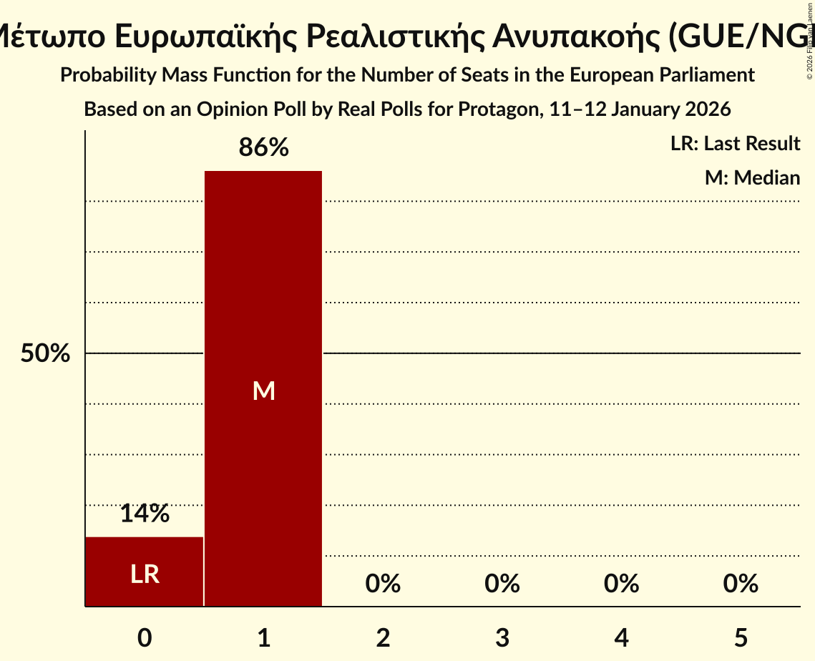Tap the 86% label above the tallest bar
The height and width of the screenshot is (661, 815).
tap(263, 148)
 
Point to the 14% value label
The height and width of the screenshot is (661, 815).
tap(145, 513)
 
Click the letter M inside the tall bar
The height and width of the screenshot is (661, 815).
tap(263, 391)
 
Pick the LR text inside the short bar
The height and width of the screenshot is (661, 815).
tap(145, 574)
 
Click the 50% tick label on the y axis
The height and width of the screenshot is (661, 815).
tap(45, 353)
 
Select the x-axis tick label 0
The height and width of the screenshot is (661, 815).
tap(145, 638)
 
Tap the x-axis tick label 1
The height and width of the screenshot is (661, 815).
tap(263, 638)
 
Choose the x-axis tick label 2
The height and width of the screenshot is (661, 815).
tap(383, 638)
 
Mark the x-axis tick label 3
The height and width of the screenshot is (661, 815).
tap(502, 638)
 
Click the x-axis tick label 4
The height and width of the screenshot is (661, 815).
tap(621, 638)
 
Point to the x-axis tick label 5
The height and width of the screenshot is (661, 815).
tap(741, 638)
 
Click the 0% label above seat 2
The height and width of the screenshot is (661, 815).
tap(383, 584)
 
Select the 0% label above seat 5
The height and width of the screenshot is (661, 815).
tap(741, 584)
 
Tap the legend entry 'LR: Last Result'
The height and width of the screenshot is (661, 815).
tap(735, 144)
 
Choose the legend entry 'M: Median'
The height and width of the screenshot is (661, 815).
tap(752, 177)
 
